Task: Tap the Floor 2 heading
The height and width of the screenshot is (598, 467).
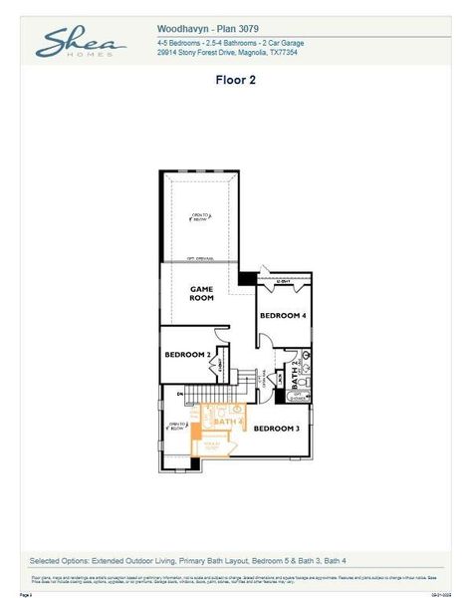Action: (236, 81)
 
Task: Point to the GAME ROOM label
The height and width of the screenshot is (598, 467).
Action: (202, 293)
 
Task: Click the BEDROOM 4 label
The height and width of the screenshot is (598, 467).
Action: (282, 316)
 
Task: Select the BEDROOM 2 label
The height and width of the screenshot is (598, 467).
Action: (186, 355)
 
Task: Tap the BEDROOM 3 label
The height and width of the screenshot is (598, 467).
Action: (276, 429)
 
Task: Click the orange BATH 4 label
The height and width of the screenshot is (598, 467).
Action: (227, 423)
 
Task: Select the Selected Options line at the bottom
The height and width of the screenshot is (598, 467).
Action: (188, 560)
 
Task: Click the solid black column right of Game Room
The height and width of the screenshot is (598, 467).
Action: (246, 279)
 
